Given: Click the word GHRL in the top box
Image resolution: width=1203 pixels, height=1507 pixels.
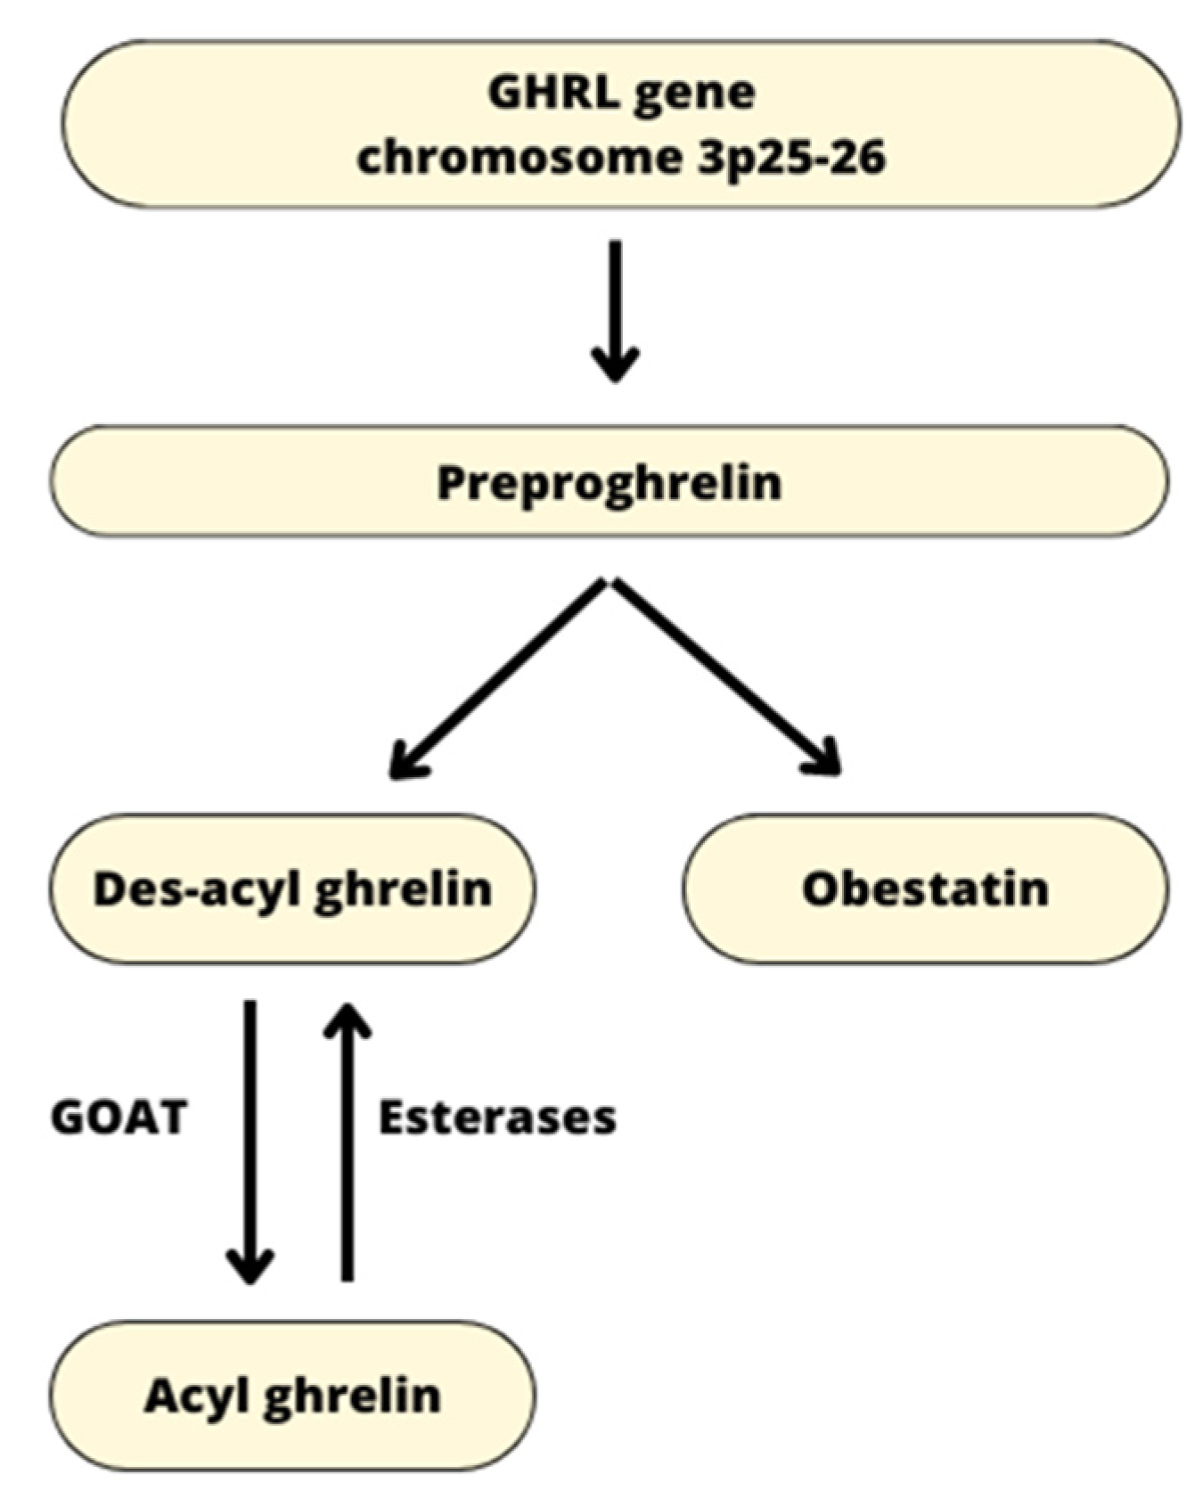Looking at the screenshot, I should click(553, 94).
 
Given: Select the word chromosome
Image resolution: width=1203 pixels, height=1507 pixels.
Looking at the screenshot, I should click(517, 159).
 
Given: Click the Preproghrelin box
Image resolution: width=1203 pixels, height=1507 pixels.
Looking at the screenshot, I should click(609, 482).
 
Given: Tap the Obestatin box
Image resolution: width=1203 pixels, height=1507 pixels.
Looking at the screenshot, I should click(925, 889).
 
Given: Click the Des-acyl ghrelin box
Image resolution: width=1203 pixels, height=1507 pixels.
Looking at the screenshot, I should click(292, 889).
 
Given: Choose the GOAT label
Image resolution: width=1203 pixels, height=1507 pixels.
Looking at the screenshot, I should click(119, 1118).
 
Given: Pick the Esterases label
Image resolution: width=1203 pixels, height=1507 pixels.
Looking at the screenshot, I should click(496, 1118).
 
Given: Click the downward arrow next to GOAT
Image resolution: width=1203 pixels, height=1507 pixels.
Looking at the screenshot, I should click(250, 1141).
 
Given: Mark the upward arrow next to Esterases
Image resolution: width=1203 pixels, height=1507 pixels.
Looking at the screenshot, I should click(348, 1141).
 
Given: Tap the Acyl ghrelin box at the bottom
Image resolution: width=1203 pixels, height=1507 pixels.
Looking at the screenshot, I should click(292, 1396).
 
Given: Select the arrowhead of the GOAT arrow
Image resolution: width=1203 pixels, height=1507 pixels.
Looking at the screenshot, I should click(250, 1265).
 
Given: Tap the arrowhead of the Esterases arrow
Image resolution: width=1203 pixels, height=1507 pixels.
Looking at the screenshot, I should click(348, 1020).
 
